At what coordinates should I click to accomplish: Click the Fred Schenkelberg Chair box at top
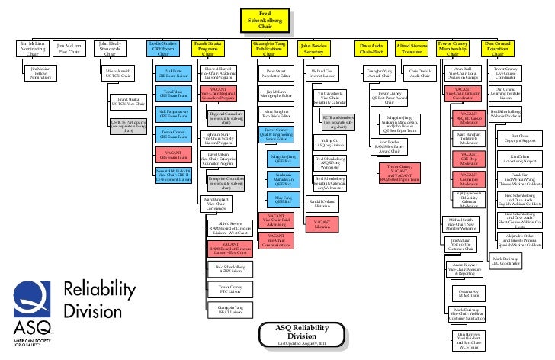click(264, 21)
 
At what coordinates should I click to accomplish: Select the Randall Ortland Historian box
click(321, 203)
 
